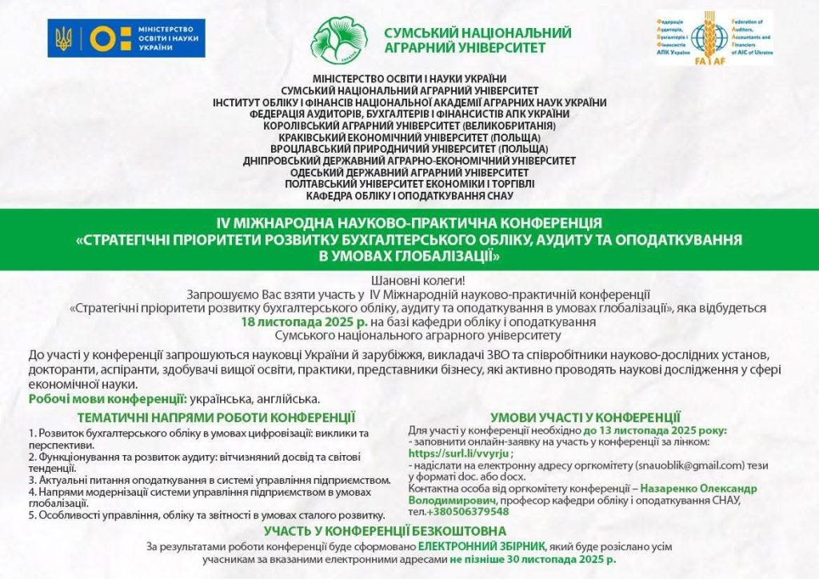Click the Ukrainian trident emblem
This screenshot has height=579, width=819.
pyautogui.click(x=65, y=37)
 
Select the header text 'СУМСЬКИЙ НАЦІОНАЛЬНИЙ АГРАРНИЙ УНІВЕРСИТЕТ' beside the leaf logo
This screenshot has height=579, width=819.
pyautogui.click(x=477, y=40)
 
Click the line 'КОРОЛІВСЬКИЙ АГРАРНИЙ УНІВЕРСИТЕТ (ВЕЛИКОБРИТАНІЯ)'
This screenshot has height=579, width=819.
pyautogui.click(x=409, y=126)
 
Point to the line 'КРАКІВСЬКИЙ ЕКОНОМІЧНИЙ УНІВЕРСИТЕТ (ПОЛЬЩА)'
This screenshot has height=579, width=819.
pyautogui.click(x=409, y=138)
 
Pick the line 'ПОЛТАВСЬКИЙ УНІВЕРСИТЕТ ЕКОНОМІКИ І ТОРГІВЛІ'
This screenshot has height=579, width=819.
pyautogui.click(x=409, y=184)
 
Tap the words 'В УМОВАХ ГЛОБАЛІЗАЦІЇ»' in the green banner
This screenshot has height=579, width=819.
pyautogui.click(x=409, y=256)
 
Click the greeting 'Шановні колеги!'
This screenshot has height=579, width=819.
pyautogui.click(x=409, y=282)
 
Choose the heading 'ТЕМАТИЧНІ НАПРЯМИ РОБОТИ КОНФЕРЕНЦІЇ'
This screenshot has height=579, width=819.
pyautogui.click(x=216, y=417)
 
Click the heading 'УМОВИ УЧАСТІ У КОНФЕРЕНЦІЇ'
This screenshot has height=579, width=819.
pyautogui.click(x=585, y=417)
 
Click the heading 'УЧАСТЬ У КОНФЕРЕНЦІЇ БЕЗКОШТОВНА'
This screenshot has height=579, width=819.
pyautogui.click(x=386, y=531)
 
